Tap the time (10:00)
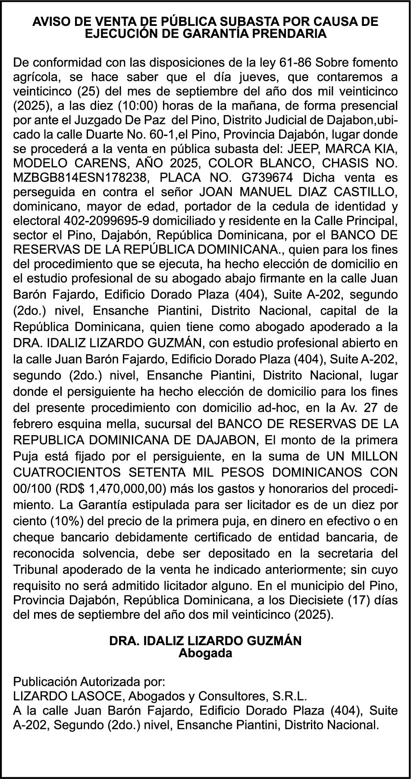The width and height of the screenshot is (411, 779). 143,106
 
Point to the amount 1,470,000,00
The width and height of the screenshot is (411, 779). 127,489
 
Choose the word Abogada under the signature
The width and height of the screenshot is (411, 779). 205,653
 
